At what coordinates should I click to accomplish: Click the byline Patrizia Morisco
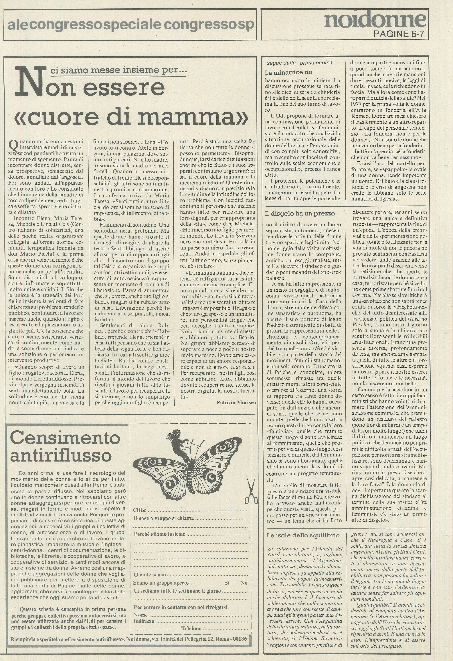[236, 402]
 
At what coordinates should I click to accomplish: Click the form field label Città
[140, 510]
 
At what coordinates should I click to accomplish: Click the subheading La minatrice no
[288, 72]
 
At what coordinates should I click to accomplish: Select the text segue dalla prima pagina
[299, 63]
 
